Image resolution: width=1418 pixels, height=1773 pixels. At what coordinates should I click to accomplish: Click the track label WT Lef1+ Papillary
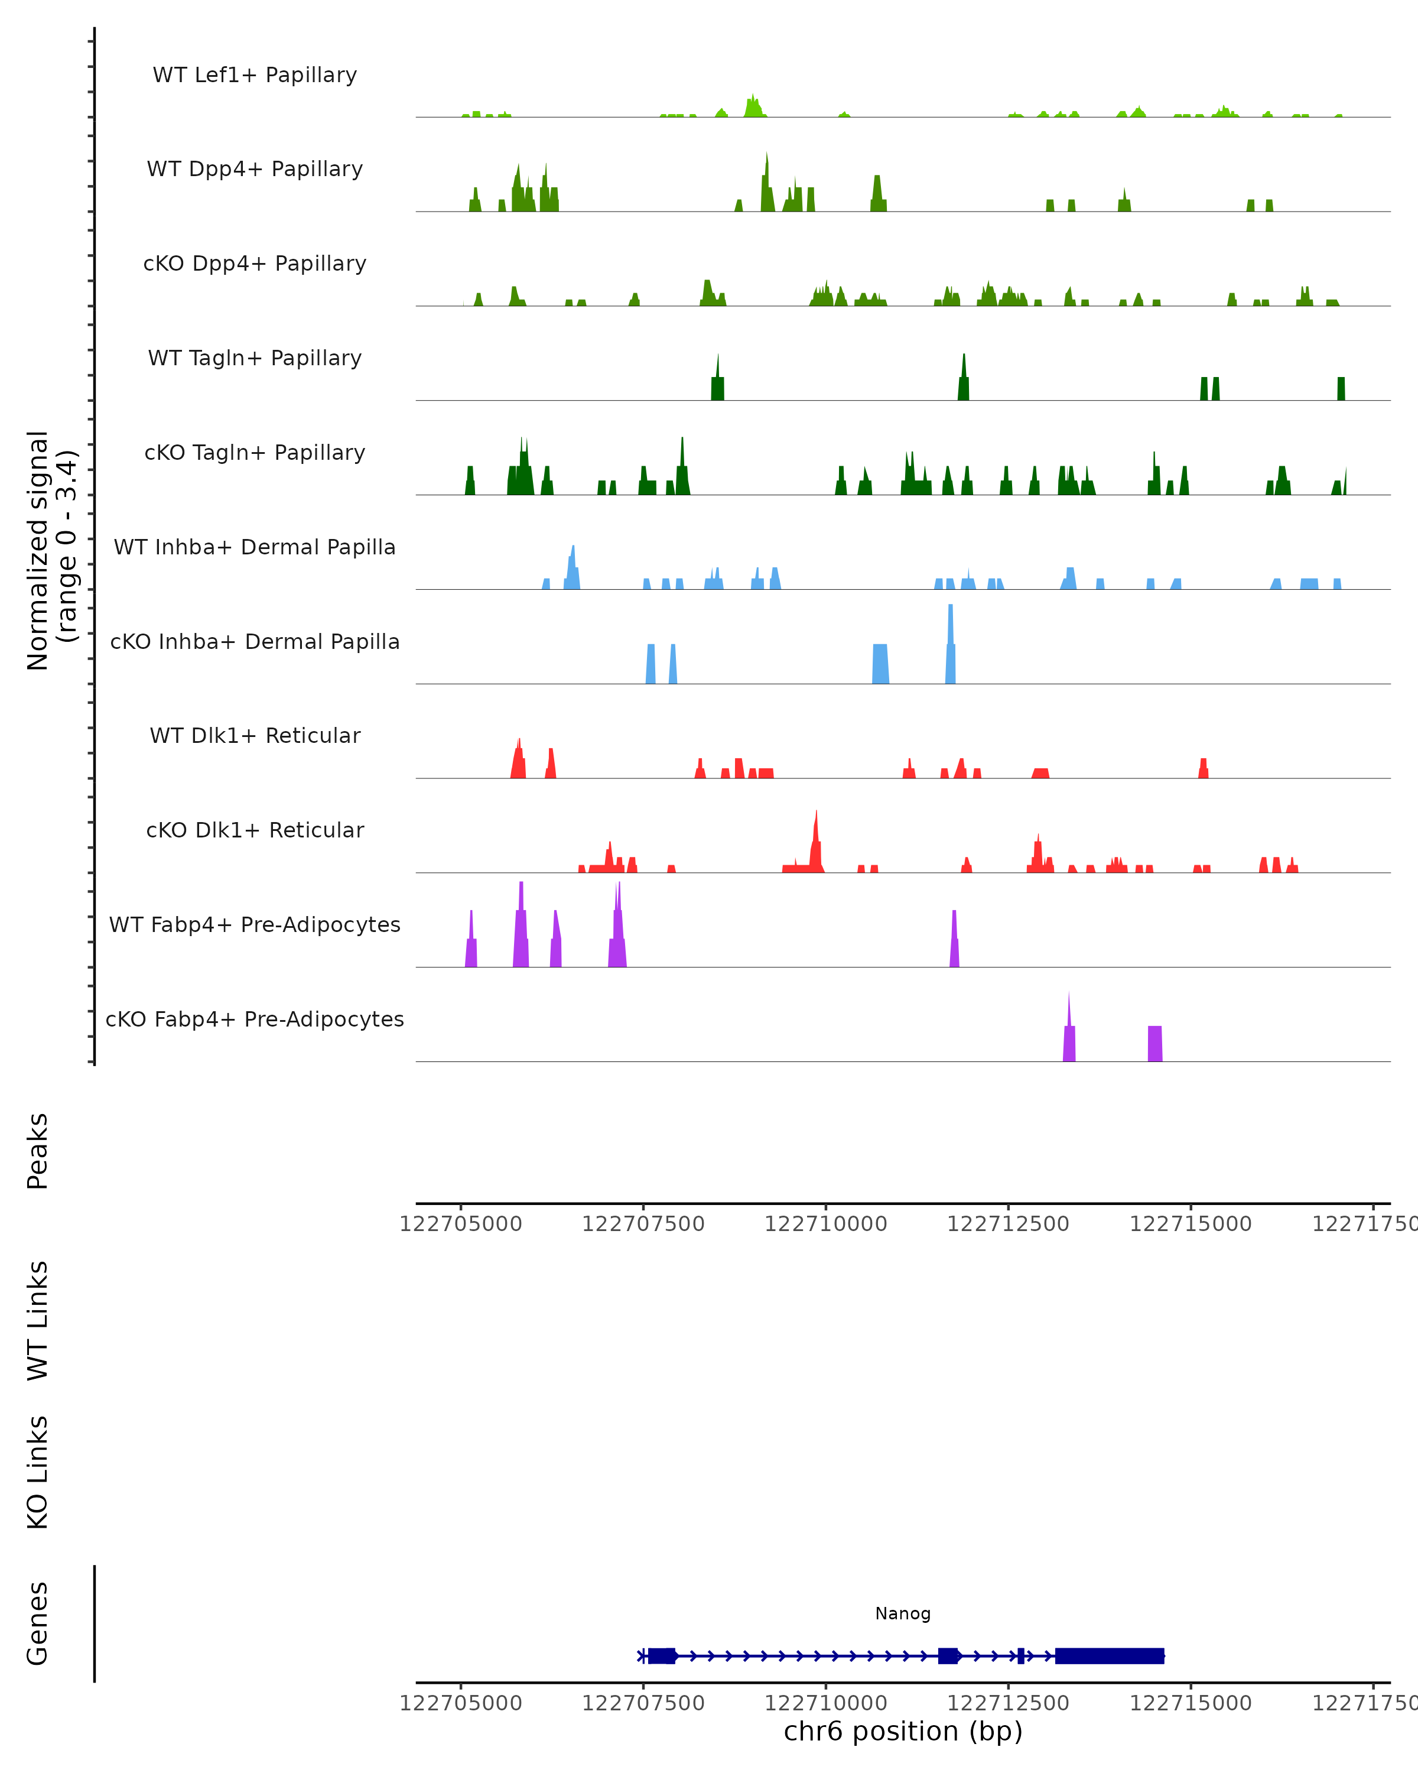[255, 75]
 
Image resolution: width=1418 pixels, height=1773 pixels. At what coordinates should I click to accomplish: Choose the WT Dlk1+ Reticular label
[255, 735]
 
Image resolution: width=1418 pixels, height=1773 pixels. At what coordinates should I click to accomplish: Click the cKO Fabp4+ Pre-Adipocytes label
[255, 1019]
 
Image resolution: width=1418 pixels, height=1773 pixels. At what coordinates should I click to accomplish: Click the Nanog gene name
[903, 1613]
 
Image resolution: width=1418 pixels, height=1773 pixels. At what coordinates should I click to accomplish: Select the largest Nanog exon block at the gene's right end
[1110, 1655]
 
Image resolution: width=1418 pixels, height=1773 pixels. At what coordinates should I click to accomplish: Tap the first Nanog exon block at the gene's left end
[662, 1655]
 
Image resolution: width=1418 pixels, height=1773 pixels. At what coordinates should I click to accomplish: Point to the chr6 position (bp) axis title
[903, 1731]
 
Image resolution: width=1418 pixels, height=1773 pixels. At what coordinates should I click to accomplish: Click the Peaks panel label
[38, 1151]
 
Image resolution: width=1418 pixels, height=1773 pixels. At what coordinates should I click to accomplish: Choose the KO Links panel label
[38, 1472]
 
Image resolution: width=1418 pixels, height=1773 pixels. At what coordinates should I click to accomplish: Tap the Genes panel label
[38, 1623]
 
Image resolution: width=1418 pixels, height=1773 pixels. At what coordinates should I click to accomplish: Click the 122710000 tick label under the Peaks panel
[825, 1224]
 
